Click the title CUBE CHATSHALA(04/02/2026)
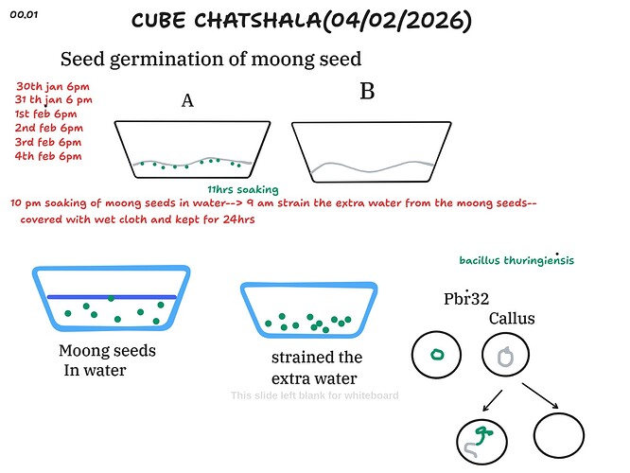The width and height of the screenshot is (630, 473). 314,21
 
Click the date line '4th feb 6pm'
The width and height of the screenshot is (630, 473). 49,156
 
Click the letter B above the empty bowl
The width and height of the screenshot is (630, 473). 367,92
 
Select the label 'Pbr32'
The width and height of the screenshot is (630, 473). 466,299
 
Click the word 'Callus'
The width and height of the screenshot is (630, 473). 512,319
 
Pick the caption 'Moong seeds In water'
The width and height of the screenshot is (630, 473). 107,360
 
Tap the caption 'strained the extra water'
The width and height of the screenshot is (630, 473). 316,367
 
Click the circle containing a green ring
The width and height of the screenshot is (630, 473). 437,356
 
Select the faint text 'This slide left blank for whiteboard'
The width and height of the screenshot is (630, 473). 315,395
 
